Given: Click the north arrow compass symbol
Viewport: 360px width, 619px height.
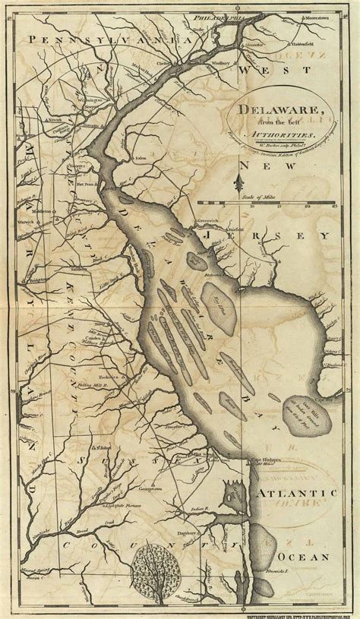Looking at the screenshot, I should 240,182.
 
